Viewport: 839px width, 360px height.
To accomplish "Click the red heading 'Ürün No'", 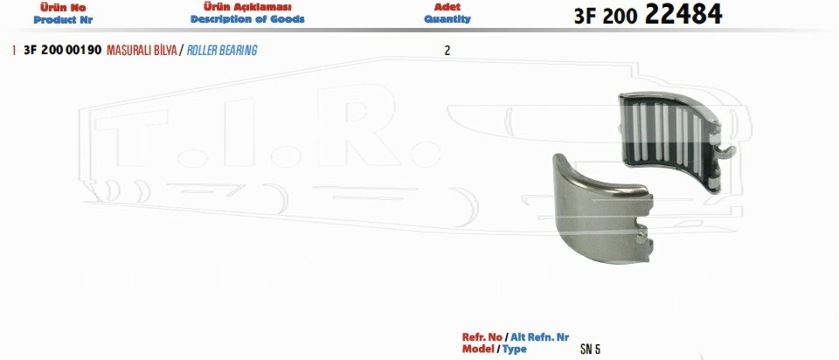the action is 63,8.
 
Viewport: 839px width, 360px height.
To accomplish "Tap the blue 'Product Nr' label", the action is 63,20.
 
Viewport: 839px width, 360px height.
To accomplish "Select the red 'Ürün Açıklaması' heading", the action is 247,7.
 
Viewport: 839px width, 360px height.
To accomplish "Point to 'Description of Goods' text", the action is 247,19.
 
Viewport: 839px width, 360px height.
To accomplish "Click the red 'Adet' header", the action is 447,8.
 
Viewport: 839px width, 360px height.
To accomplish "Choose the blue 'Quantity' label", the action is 447,19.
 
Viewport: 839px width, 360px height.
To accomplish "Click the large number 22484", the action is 683,15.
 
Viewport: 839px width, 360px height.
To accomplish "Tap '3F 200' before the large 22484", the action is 606,17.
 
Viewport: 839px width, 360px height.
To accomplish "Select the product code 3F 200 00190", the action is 63,51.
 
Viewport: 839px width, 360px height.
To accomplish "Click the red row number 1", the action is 13,51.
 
